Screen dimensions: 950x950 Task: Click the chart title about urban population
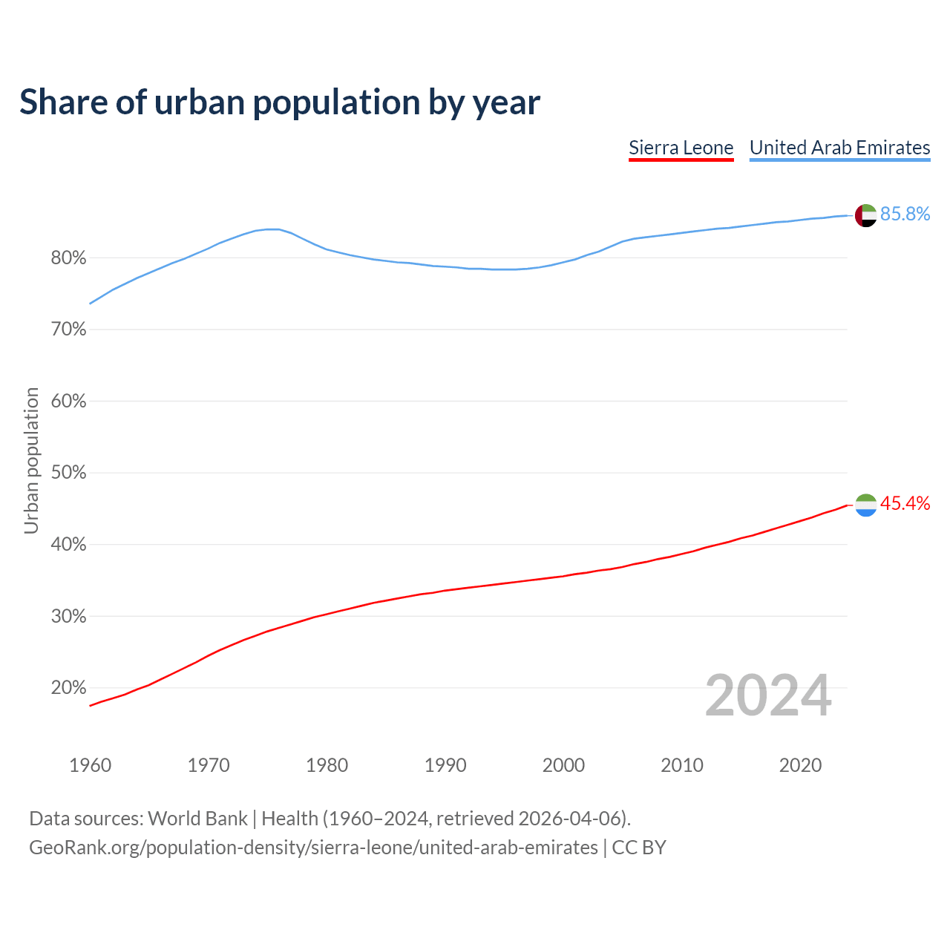click(x=280, y=102)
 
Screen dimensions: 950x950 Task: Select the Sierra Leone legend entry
click(x=681, y=148)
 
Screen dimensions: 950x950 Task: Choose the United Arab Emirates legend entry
click(x=839, y=148)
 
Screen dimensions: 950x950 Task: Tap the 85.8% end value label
click(x=905, y=214)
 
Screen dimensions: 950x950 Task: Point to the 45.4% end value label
click(x=905, y=504)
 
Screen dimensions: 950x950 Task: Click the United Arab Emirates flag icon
click(x=865, y=215)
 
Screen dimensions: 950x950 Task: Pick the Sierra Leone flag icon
click(x=865, y=505)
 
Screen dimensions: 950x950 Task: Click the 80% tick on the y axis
click(x=68, y=258)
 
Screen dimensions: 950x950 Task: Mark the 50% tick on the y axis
click(x=68, y=473)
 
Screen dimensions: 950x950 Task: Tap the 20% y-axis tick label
click(x=68, y=688)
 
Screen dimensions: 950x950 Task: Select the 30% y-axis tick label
click(x=68, y=616)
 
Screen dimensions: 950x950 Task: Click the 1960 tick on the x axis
click(x=90, y=765)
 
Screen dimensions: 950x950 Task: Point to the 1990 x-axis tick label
click(x=445, y=765)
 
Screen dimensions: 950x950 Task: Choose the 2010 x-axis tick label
click(x=682, y=765)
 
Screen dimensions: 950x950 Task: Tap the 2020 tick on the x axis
click(x=800, y=765)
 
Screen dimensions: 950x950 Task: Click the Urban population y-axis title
click(x=31, y=460)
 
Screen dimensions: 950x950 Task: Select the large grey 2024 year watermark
click(x=768, y=695)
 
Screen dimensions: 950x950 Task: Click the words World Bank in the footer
click(x=197, y=819)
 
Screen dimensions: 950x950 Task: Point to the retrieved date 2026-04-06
click(x=569, y=819)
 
